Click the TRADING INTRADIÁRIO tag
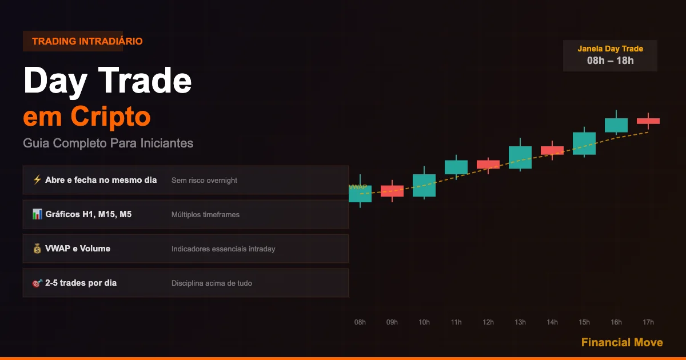click(87, 41)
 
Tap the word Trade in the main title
click(145, 81)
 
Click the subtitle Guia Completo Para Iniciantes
click(108, 143)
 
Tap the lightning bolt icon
click(37, 179)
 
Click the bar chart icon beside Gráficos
click(37, 214)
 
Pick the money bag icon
click(37, 248)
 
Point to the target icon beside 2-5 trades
click(37, 283)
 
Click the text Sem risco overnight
click(204, 181)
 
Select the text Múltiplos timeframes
click(205, 215)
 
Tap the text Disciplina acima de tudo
click(212, 283)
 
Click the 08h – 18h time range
click(611, 61)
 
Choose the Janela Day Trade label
click(611, 49)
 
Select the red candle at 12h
click(488, 165)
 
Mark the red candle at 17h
click(648, 121)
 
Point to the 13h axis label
click(520, 322)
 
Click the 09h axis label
click(392, 322)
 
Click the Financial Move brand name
click(622, 342)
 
